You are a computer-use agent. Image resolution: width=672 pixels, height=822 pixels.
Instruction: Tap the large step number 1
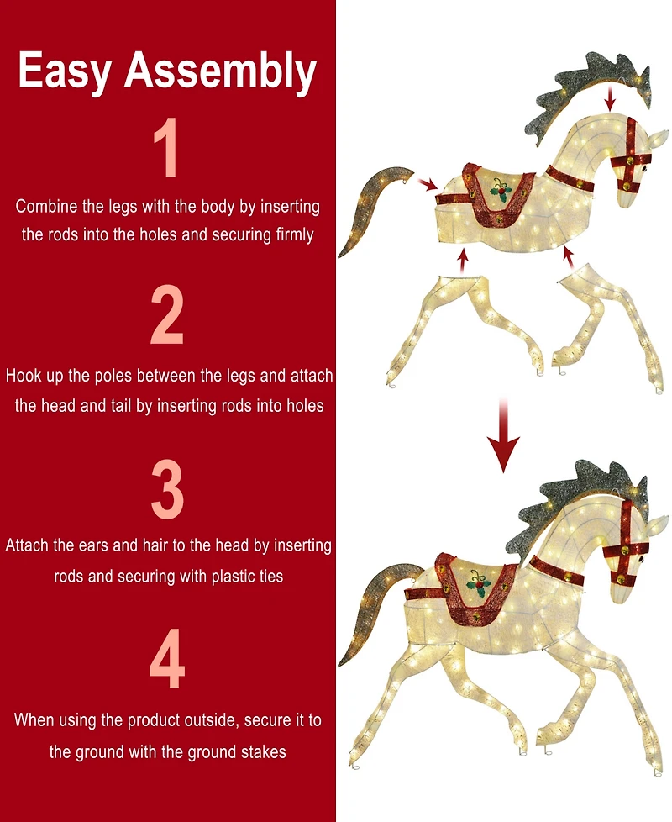(167, 149)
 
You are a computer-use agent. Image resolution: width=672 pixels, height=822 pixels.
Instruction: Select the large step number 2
(167, 316)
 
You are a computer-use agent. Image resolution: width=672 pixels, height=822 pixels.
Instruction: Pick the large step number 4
(167, 664)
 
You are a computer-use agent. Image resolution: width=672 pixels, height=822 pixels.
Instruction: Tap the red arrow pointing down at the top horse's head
(611, 100)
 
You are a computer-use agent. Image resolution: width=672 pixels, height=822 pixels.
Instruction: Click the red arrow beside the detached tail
(427, 184)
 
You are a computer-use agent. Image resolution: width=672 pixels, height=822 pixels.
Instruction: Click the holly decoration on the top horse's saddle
(502, 191)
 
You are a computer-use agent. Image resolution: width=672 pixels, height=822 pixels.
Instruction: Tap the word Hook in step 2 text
(24, 376)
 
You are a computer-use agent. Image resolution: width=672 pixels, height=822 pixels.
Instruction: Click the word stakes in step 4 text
(264, 751)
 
